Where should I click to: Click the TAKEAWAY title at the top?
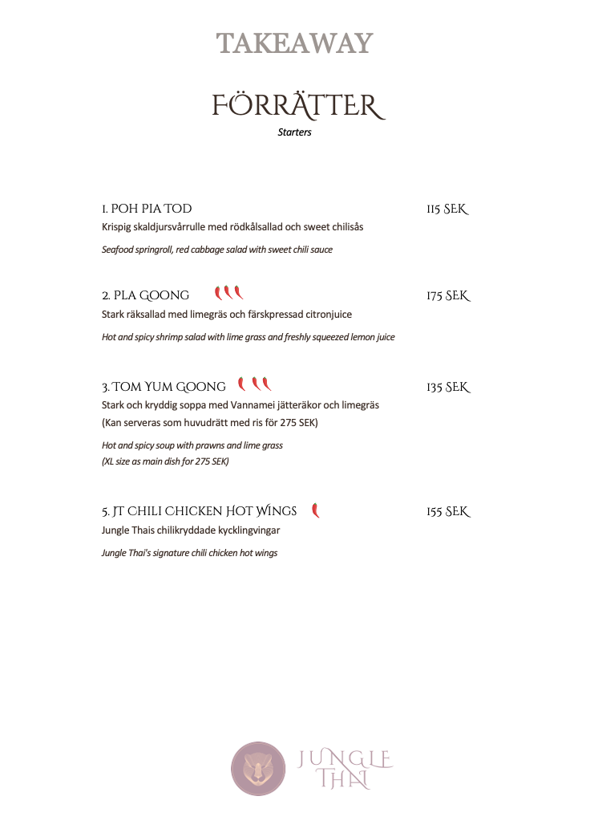tap(295, 43)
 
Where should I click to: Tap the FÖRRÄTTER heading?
tap(295, 105)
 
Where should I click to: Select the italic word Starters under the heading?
tap(294, 132)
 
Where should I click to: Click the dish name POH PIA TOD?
tap(147, 209)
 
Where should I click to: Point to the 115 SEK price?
tap(447, 209)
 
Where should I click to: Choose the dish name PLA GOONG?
tap(146, 295)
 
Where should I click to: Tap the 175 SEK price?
tap(447, 295)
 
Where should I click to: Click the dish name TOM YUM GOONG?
tap(164, 387)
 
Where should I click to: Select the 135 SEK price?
tap(447, 387)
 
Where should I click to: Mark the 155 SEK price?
tap(447, 511)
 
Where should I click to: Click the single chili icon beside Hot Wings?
tap(315, 510)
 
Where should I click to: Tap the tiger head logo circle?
tap(258, 769)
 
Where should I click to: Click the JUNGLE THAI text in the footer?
tap(345, 769)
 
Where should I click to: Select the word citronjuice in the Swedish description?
tap(324, 315)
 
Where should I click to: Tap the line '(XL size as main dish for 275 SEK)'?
tap(165, 461)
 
